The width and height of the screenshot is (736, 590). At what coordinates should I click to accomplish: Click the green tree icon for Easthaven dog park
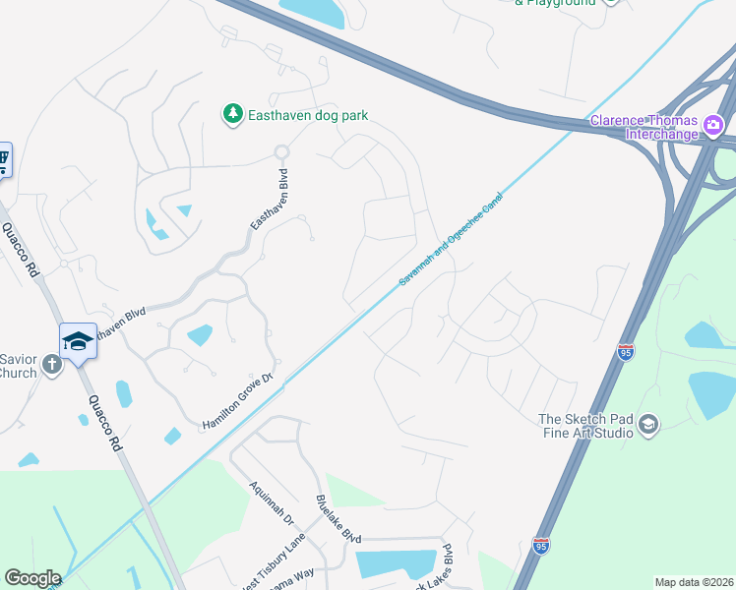[232, 115]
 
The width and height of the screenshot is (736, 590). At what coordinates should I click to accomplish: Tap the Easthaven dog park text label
[307, 115]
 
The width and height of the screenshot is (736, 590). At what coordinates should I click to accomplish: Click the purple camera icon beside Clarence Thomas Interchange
[714, 125]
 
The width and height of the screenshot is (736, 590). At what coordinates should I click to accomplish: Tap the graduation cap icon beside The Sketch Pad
[647, 424]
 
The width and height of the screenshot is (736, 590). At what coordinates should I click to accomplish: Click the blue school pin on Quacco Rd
[78, 340]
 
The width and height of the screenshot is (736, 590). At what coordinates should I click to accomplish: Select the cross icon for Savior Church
[53, 365]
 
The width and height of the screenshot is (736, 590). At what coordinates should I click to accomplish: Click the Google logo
[32, 578]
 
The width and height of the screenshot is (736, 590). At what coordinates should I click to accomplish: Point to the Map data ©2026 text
[693, 582]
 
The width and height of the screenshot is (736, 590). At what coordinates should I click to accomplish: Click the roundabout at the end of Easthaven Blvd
[282, 152]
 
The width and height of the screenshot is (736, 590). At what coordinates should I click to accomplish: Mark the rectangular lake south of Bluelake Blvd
[396, 563]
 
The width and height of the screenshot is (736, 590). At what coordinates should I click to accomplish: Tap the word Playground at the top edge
[562, 3]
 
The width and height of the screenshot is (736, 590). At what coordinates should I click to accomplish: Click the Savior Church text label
[18, 366]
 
